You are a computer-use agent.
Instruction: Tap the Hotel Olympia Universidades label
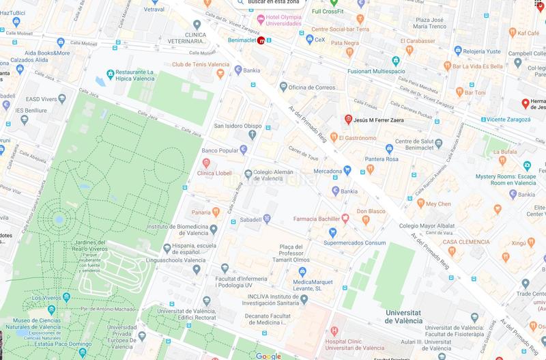coord(278,20)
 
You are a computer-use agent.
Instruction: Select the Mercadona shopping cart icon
coord(347,169)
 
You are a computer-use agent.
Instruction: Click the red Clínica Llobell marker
coord(207,163)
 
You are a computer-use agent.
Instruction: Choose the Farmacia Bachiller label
coord(316,218)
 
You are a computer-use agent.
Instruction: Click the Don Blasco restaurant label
coord(371,211)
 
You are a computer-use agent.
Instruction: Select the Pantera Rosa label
coord(401,158)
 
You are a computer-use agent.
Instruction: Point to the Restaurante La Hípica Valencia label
coord(143,76)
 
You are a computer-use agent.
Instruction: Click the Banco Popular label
coord(219,149)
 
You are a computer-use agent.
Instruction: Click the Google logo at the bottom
coord(269,355)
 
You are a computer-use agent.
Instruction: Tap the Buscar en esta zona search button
coord(273,3)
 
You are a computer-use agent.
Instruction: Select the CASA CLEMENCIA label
coord(466,242)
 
